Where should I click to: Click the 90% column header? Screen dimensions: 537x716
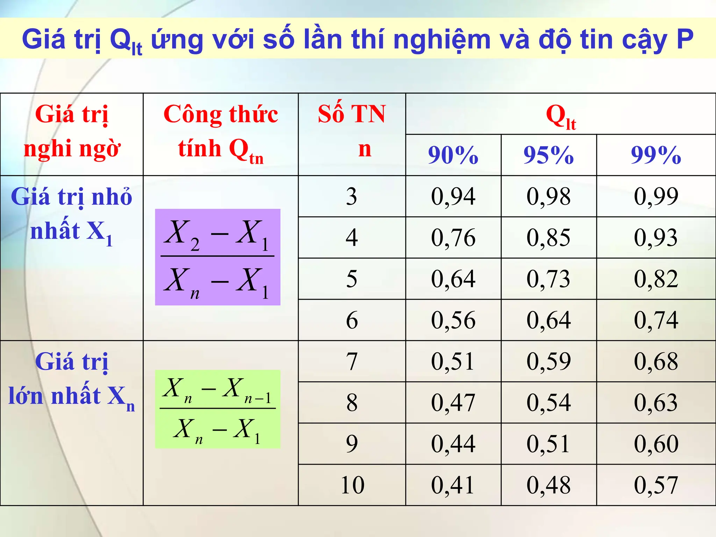point(453,155)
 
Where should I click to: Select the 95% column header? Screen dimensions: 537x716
point(549,155)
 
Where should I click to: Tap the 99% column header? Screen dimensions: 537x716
point(656,155)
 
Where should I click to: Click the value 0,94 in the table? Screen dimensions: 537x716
point(453,196)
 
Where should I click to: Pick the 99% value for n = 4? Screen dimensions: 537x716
point(656,237)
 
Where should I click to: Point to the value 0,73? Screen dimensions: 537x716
point(549,279)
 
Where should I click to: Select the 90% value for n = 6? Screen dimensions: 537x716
point(453,320)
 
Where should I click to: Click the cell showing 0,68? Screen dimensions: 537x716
point(656,361)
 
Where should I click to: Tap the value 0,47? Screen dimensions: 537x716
point(453,402)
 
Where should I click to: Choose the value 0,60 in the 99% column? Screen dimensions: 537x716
point(656,444)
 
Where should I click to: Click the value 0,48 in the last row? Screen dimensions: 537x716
point(549,485)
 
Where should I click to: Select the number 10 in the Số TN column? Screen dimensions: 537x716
point(352,485)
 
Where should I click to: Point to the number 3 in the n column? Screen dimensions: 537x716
point(352,196)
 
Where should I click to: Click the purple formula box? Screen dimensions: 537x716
point(217,257)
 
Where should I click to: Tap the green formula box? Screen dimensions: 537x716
point(217,409)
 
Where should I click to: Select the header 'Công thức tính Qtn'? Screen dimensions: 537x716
point(221,133)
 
